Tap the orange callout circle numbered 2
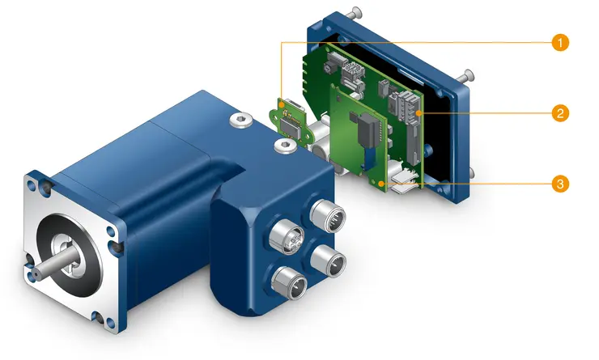click(558, 112)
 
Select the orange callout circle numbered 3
click(558, 184)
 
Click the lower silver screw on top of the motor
click(284, 146)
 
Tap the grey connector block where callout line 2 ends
click(404, 110)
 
